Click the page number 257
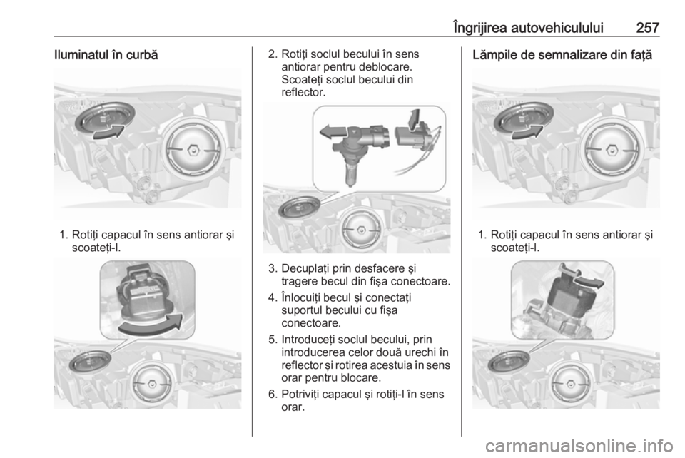[647, 28]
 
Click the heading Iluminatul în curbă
[106, 56]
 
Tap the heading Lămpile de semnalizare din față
[562, 56]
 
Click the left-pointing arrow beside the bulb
[333, 131]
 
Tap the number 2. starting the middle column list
[273, 54]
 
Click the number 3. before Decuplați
[273, 268]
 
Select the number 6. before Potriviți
[273, 395]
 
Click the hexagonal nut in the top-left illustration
[193, 150]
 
